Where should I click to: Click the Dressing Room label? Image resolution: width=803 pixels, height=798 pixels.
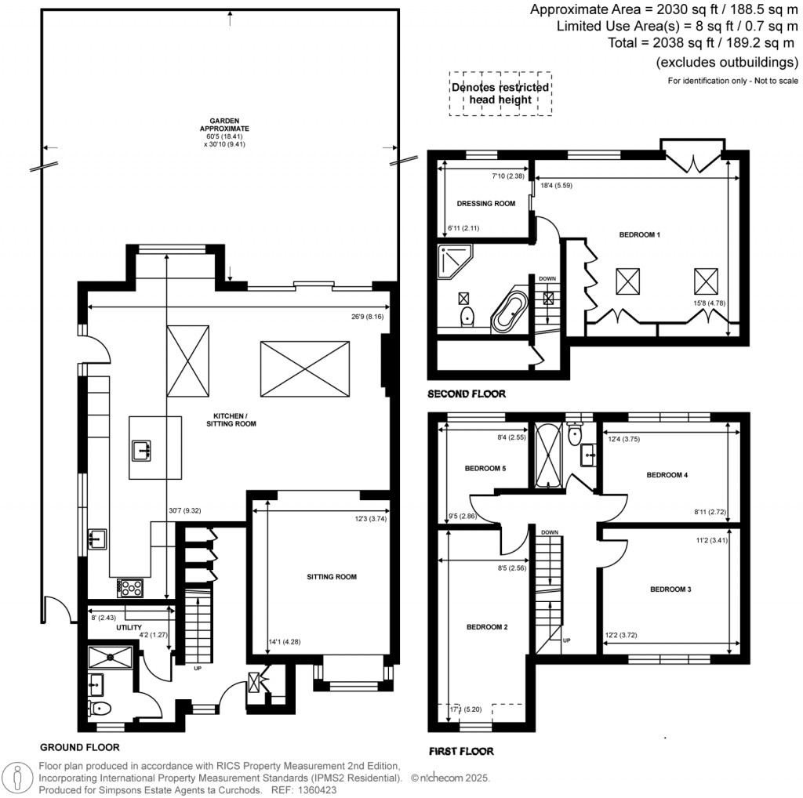(x=486, y=204)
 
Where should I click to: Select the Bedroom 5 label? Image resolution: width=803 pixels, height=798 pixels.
(x=485, y=469)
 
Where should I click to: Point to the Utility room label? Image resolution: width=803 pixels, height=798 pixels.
(x=129, y=628)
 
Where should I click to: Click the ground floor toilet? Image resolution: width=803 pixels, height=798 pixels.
(x=100, y=709)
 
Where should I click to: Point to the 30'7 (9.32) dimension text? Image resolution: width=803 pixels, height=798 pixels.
(x=184, y=510)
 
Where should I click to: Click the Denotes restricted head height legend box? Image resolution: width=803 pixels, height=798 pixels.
(x=500, y=94)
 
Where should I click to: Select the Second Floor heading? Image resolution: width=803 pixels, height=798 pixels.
(x=467, y=394)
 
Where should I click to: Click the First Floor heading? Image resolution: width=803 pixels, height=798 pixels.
(x=461, y=751)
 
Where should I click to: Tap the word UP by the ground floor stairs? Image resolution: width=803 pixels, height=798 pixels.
(x=198, y=669)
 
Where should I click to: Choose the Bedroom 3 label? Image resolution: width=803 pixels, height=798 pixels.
(x=670, y=589)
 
